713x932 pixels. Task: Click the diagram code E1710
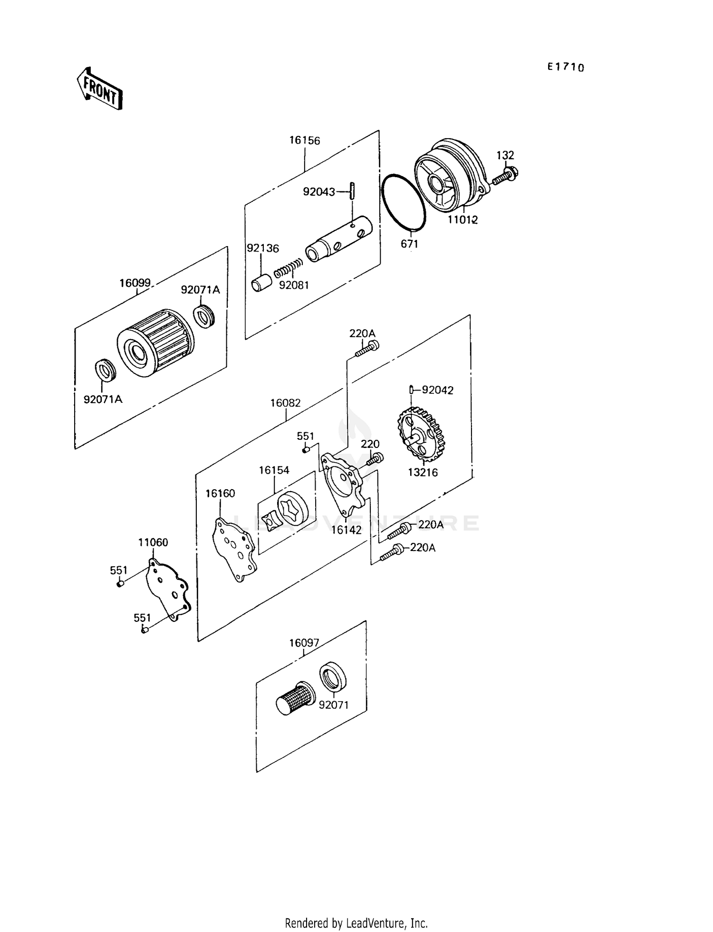click(565, 67)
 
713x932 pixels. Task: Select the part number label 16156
click(305, 141)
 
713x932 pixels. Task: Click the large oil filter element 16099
click(156, 343)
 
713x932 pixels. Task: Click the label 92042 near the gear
click(438, 390)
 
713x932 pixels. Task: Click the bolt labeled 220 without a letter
click(377, 458)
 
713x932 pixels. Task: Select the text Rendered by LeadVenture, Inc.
click(356, 923)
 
